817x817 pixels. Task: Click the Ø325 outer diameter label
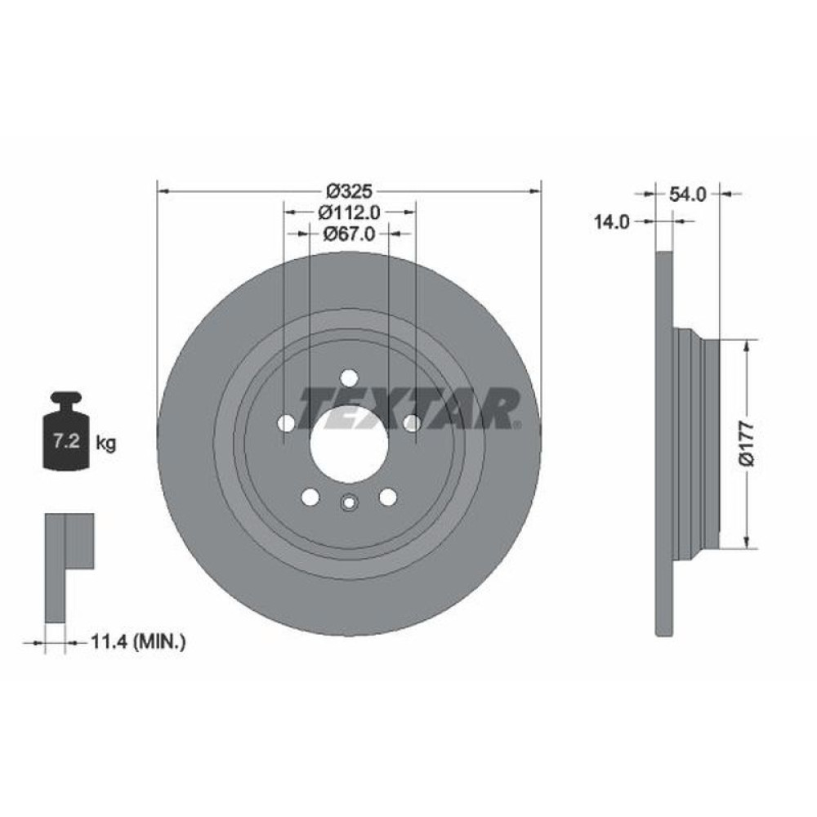click(349, 192)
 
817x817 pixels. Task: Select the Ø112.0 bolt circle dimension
click(349, 212)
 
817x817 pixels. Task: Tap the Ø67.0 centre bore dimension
click(349, 234)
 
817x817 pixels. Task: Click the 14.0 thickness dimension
click(612, 221)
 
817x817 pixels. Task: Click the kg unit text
click(105, 444)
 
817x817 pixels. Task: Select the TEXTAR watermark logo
click(408, 408)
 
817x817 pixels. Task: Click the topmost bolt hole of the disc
click(349, 377)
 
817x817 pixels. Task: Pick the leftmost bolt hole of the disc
click(286, 423)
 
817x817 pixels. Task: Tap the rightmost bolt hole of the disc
click(412, 423)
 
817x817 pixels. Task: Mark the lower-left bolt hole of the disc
click(310, 497)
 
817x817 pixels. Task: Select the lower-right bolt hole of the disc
click(387, 497)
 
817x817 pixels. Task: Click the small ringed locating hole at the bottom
click(349, 503)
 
